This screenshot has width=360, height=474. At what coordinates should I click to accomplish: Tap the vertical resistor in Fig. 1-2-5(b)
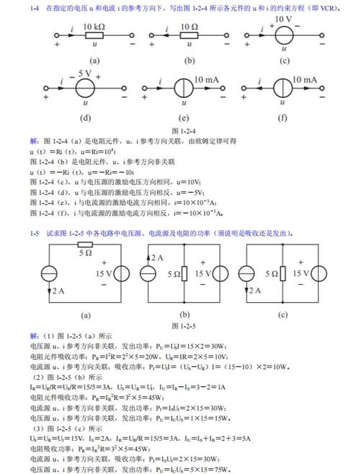pos(185,274)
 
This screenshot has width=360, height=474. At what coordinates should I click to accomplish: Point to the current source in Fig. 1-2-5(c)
pos(247,274)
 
